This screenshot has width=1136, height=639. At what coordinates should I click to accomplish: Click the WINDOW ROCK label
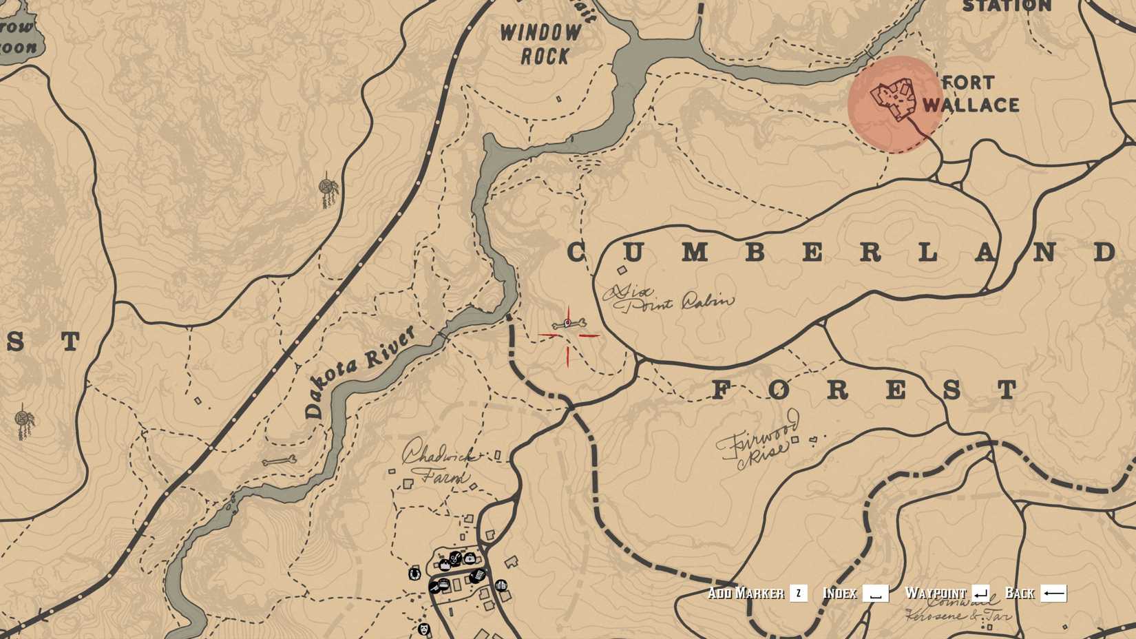[x=541, y=43]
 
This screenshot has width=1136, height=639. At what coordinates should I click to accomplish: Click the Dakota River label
[x=359, y=372]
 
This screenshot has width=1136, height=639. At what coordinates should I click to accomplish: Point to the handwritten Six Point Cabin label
[x=668, y=299]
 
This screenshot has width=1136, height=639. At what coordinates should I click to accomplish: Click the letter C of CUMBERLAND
[x=577, y=253]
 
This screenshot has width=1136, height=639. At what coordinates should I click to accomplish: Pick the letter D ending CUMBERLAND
[x=1104, y=252]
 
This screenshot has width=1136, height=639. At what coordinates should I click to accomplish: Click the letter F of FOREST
[x=720, y=390]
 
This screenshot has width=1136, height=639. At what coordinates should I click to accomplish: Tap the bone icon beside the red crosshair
[x=569, y=324]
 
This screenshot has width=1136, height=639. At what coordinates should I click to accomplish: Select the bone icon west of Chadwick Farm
[x=279, y=461]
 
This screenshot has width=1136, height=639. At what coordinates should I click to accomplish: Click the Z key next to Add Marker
[x=798, y=593]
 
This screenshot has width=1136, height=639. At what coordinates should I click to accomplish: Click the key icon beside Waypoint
[x=980, y=593]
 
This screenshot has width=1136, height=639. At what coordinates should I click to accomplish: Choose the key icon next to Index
[x=875, y=593]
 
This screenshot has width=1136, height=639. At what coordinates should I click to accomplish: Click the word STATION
[x=1007, y=7]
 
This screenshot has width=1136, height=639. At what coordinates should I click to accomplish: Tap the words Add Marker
[x=746, y=593]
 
